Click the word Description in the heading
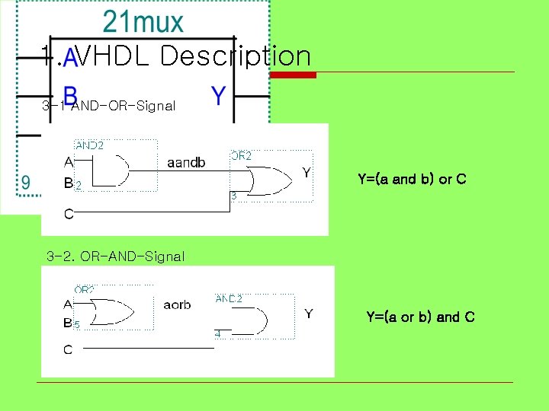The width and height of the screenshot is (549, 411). (236, 56)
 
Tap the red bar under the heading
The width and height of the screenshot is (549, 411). (294, 75)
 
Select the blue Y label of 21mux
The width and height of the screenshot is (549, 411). (218, 96)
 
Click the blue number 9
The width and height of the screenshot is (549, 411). (26, 183)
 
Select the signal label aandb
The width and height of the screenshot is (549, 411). (186, 163)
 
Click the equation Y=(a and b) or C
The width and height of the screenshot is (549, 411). (412, 180)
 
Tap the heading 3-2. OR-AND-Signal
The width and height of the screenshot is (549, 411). (115, 256)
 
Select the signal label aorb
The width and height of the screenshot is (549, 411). (177, 304)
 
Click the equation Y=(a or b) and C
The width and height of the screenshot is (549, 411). (420, 317)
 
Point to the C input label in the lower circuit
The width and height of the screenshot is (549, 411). (69, 349)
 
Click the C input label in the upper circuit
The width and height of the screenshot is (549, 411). (69, 214)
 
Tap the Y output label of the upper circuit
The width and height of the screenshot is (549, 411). (306, 174)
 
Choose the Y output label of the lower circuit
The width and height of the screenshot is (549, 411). (309, 314)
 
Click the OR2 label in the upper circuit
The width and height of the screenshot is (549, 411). (241, 156)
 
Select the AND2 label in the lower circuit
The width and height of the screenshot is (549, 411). (229, 298)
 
